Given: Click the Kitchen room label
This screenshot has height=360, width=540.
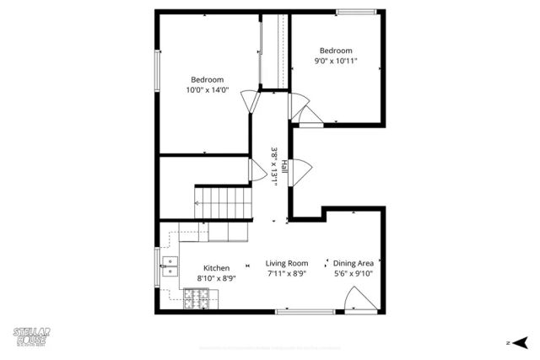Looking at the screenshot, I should coord(216,268).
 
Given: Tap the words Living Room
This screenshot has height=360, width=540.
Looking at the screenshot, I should coord(287,263).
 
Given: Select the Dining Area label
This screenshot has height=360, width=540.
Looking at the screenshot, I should coord(353,263).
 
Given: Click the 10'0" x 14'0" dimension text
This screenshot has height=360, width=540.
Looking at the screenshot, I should coord(206,90).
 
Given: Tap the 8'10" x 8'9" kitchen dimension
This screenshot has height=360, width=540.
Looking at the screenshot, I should coord(216,278).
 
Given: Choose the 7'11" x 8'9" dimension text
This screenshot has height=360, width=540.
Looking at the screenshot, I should coord(287,273).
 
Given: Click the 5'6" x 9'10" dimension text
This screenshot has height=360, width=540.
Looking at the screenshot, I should coord(353,273).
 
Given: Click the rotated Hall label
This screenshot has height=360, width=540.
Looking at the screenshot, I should coord(284,166).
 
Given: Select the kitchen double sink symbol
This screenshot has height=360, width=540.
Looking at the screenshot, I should coord(170,266).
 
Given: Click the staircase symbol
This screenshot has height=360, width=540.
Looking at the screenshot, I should coord(224,202).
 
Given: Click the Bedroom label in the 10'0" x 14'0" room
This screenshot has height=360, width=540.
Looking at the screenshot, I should coord(206,80).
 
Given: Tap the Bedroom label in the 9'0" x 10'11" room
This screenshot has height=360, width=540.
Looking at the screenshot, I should coord(335,51).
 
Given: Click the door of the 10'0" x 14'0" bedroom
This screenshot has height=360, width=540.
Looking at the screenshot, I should coord(251,102).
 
